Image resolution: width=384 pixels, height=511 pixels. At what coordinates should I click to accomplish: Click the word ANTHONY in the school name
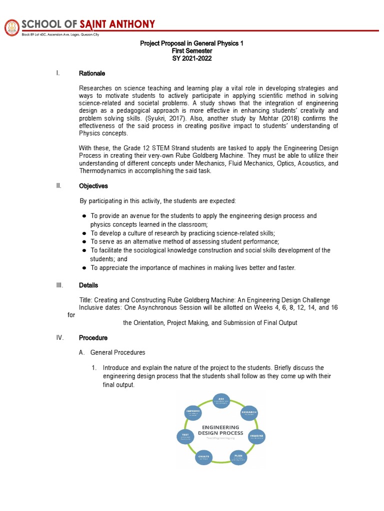130,24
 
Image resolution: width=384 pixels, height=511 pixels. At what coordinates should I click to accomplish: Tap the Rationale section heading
92,74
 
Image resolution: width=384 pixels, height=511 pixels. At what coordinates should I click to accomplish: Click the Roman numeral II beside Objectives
59,186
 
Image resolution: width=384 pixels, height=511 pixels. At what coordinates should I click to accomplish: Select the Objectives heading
93,186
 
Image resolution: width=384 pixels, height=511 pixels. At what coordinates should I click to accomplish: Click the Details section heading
88,285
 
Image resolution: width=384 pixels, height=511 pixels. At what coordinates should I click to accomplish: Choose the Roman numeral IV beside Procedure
60,338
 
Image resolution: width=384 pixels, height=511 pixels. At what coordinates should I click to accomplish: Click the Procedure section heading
93,338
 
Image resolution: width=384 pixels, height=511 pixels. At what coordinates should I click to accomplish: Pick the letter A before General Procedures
81,353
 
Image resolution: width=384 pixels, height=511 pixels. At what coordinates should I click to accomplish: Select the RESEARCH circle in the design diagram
249,413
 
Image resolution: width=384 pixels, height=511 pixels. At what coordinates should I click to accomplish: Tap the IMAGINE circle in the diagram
256,437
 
